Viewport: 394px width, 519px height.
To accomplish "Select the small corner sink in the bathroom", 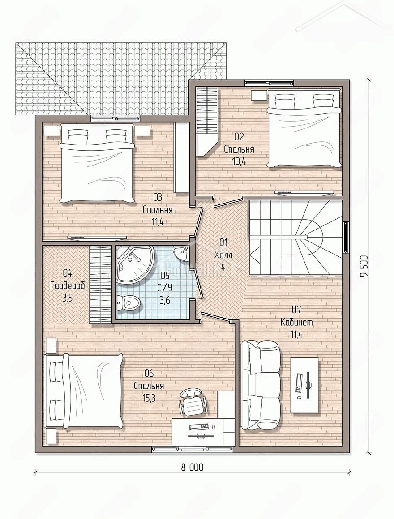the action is pos(181,253).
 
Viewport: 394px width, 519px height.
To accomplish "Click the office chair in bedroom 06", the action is pos(193,402).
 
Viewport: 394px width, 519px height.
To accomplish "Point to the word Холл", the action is pos(223,255).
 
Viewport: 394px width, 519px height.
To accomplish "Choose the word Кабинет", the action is pos(296,322).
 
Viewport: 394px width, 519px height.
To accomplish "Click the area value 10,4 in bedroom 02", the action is pos(240,162).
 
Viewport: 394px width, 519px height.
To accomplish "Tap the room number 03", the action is pos(158,198).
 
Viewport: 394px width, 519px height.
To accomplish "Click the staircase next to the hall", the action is pos(296,237).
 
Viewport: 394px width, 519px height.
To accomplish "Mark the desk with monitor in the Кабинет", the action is pos(305,385).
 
